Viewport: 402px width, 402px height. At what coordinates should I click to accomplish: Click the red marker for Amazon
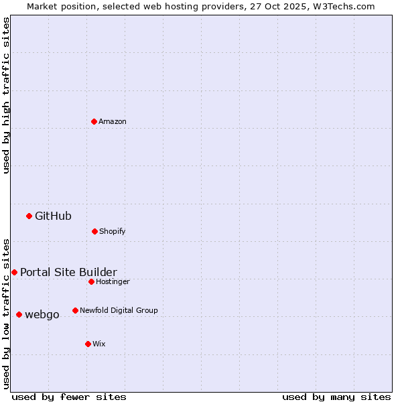coord(94,121)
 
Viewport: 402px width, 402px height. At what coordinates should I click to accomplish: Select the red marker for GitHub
coord(29,216)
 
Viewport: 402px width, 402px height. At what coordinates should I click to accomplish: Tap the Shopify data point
coord(94,231)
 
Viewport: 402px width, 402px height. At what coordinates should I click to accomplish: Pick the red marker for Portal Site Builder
coord(14,272)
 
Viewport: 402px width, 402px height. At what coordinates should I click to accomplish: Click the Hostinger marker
coord(91,281)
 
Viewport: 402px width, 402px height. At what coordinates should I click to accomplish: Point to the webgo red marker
coord(19,314)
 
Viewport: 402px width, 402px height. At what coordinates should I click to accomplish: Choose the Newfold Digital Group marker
coord(75,310)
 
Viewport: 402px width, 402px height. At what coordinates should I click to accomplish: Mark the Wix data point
coord(88,344)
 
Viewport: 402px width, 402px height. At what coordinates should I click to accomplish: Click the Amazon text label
coord(113,121)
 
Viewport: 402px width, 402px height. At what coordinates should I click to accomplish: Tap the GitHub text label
coord(53,216)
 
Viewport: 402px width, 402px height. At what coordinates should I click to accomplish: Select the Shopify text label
coord(113,231)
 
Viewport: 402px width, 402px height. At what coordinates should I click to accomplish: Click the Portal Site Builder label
coord(68,272)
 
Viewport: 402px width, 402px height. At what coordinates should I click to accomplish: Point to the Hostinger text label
coord(113,281)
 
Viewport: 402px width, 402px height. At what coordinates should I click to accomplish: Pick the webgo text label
coord(42,314)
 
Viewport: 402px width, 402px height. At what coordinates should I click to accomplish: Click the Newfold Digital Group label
coord(119,310)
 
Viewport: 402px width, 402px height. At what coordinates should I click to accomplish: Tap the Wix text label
coord(99,344)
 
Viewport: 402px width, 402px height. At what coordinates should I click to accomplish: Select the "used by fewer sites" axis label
coord(68,397)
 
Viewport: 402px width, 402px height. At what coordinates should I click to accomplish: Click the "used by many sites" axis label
coord(336,397)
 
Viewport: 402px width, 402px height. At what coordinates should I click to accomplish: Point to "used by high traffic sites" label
coord(6,95)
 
